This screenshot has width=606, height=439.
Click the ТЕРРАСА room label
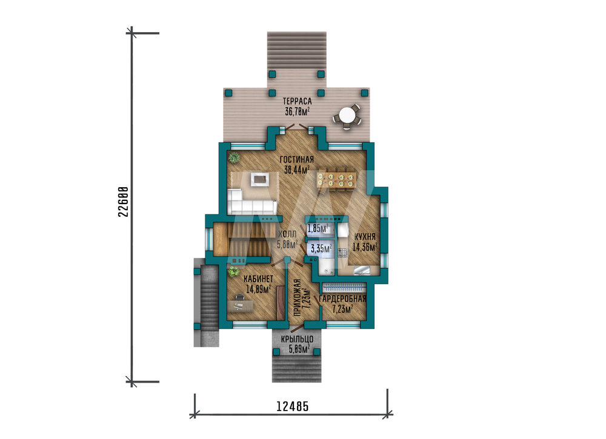click(x=297, y=101)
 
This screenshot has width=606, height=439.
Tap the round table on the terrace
click(x=347, y=115)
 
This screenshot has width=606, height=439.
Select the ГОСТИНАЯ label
click(x=297, y=159)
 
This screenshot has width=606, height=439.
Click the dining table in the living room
click(x=336, y=178)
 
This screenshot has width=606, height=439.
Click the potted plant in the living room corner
click(x=233, y=158)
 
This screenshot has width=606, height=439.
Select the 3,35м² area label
click(x=321, y=248)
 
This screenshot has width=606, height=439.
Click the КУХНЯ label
click(x=365, y=237)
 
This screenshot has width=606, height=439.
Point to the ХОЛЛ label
click(x=287, y=234)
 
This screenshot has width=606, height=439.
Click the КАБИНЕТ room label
click(x=258, y=279)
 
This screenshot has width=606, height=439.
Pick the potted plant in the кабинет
click(x=233, y=272)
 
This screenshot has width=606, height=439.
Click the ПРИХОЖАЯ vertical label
click(x=297, y=297)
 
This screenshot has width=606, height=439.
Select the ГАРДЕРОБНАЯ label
click(x=343, y=299)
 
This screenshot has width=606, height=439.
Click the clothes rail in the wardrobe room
click(x=344, y=288)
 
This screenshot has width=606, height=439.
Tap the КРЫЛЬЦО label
click(x=297, y=339)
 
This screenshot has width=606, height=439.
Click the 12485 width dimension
click(x=293, y=406)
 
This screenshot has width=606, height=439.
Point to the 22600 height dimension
click(x=123, y=202)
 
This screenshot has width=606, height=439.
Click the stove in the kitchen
click(x=342, y=253)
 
